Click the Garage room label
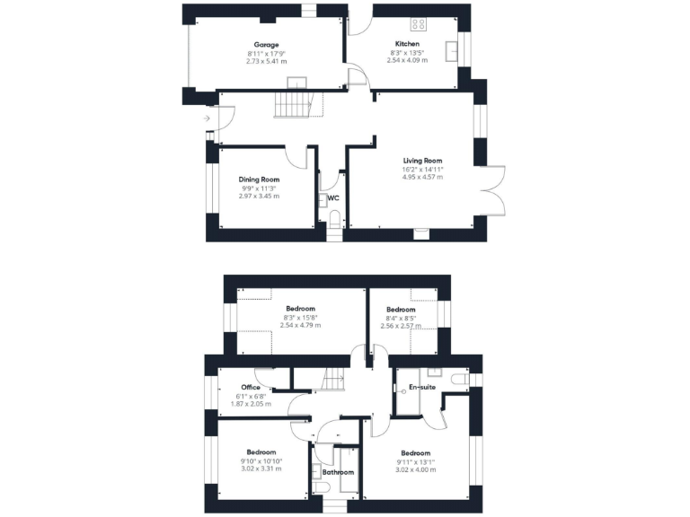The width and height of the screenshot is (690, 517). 267,45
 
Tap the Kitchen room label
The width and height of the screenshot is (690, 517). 407,44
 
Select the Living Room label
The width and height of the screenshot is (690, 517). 422,161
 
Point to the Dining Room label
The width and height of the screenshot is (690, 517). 259,180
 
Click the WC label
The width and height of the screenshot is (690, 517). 332,197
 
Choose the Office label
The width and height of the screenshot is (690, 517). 251,388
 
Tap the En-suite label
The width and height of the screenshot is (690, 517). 421,387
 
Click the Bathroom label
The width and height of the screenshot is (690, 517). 339,472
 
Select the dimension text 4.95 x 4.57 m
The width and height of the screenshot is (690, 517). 422,177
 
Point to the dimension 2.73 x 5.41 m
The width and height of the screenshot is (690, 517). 267,61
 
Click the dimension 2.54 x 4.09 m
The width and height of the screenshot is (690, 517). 407,60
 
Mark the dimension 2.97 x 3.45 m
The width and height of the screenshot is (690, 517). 259,196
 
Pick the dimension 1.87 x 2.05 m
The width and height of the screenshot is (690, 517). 251,404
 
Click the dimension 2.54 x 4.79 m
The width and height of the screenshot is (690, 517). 300,325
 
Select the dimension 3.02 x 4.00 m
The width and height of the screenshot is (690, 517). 416,469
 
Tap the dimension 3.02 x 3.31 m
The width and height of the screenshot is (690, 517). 261,469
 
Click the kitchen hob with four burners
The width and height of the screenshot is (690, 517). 419,23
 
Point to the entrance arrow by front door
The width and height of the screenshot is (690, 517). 208,118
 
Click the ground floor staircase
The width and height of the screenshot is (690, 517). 293,106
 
